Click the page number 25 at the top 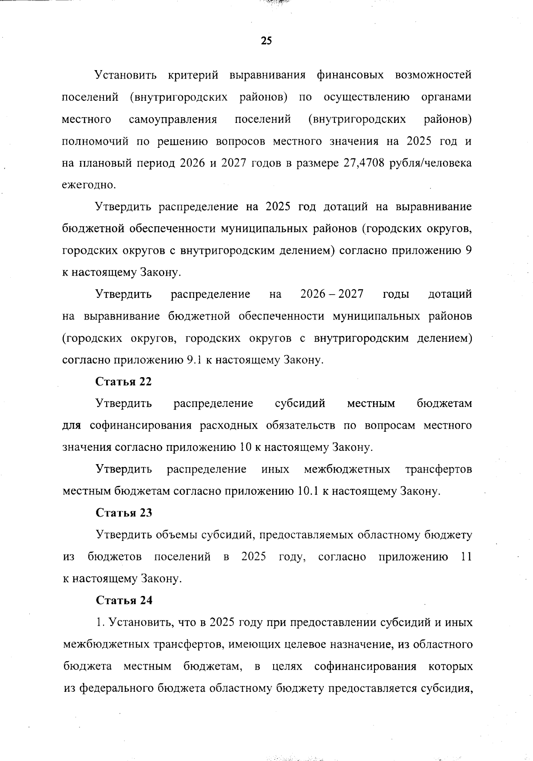pyautogui.click(x=266, y=41)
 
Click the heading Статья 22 pyautogui.click(x=123, y=382)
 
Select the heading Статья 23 pyautogui.click(x=124, y=513)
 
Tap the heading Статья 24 pyautogui.click(x=124, y=600)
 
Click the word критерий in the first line pyautogui.click(x=193, y=75)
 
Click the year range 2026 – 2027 pyautogui.click(x=332, y=294)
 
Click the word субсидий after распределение pyautogui.click(x=300, y=404)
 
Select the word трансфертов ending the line pyautogui.click(x=438, y=469)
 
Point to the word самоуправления pyautogui.click(x=173, y=119)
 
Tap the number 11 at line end pyautogui.click(x=465, y=557)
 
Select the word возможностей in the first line pyautogui.click(x=433, y=75)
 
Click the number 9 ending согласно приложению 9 pyautogui.click(x=468, y=251)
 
